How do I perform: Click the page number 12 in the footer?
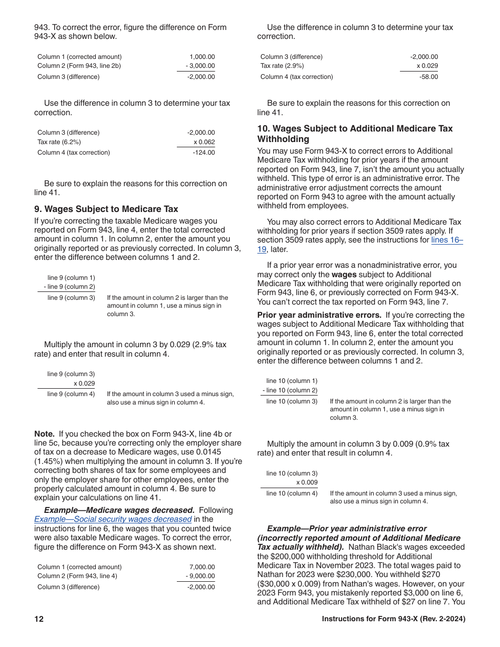[39, 619]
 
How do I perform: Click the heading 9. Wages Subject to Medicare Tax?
[106, 209]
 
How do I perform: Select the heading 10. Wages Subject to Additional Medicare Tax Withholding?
[354, 134]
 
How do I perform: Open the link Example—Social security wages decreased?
[113, 519]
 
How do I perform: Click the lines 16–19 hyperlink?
[447, 240]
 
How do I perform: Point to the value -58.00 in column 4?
[428, 77]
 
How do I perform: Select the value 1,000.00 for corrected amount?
[202, 57]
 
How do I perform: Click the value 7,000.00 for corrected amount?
[202, 567]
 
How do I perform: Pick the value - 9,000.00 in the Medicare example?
[201, 576]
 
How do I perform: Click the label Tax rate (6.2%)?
[59, 142]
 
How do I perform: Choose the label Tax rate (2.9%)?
[282, 66]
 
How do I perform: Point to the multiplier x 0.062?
[204, 142]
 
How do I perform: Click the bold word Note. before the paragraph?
[44, 434]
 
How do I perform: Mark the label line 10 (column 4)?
[292, 493]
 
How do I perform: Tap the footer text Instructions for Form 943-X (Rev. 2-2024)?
[393, 619]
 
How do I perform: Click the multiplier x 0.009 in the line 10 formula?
[307, 482]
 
